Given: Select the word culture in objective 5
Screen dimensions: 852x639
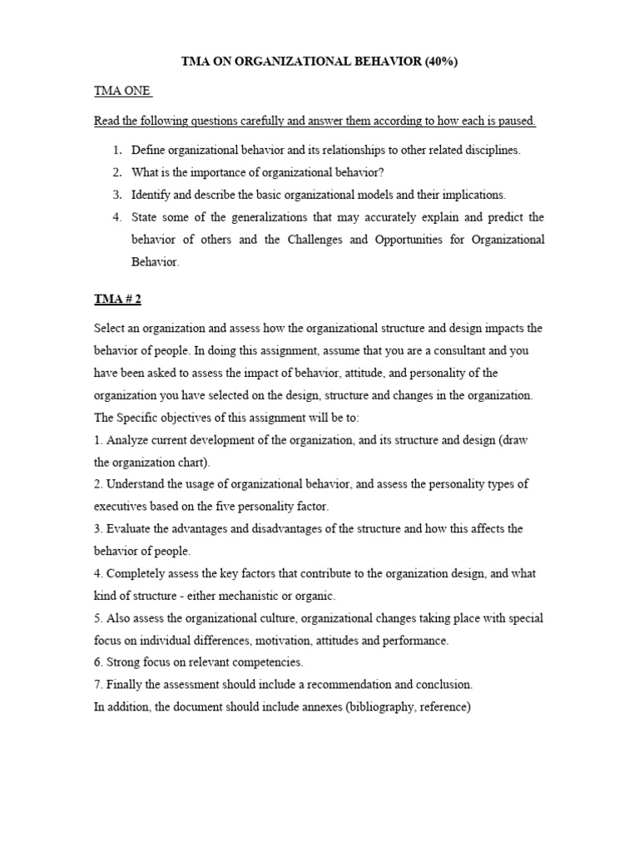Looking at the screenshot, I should tap(275, 618).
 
